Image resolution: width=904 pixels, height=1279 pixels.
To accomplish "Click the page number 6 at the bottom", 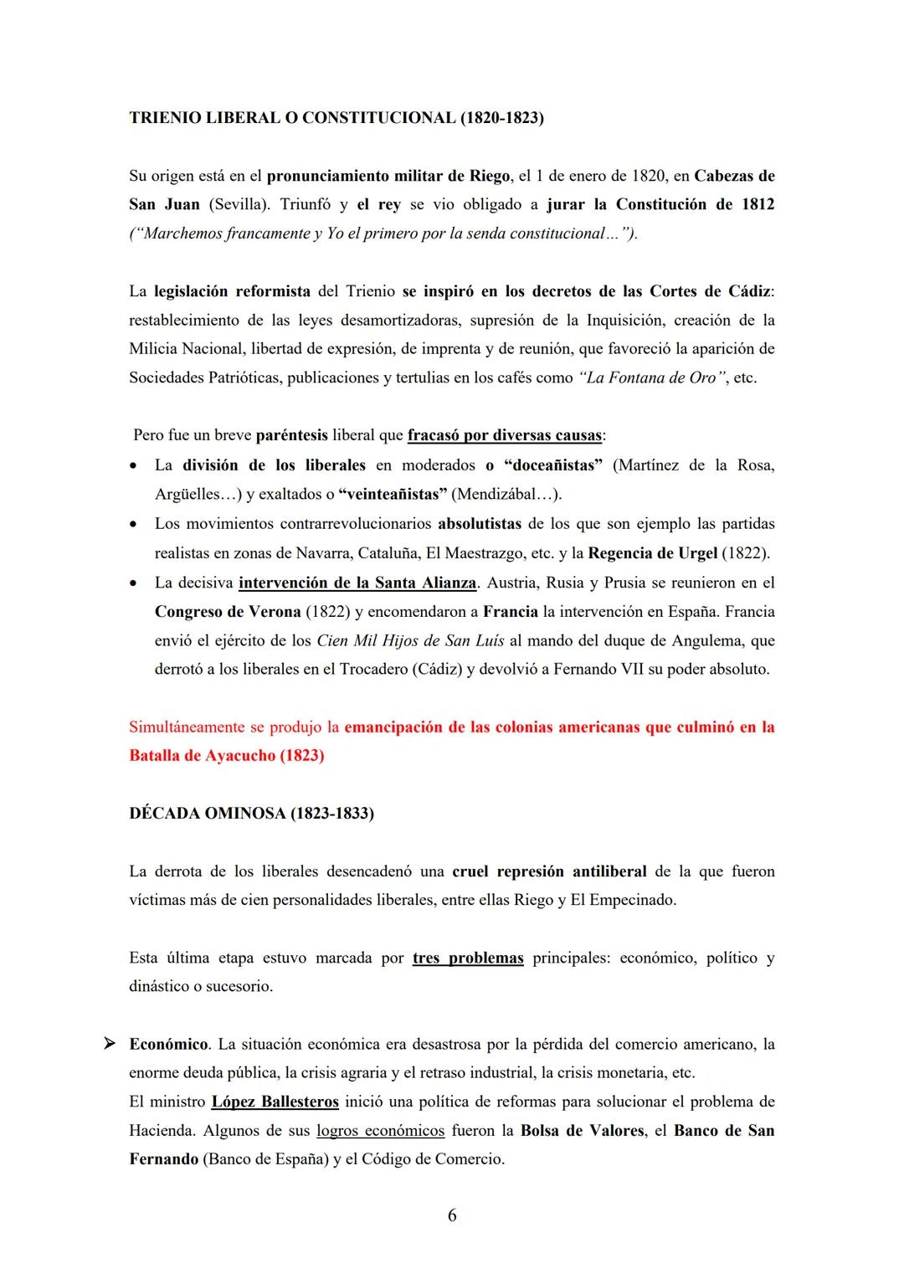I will pyautogui.click(x=452, y=1216).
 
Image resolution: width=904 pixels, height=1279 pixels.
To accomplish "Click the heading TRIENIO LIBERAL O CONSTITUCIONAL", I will pyautogui.click(x=336, y=118).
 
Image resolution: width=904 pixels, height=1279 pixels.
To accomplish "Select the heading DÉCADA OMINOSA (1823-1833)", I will pyautogui.click(x=251, y=814).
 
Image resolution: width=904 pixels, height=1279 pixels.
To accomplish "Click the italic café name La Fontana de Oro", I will pyautogui.click(x=651, y=378).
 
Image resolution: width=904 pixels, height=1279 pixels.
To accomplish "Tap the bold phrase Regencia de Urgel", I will pyautogui.click(x=653, y=553).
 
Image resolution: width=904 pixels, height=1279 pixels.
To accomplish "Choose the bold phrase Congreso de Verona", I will pyautogui.click(x=227, y=612).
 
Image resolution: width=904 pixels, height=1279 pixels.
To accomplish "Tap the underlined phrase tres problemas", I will pyautogui.click(x=468, y=958).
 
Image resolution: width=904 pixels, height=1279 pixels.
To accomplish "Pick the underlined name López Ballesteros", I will pyautogui.click(x=275, y=1102).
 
